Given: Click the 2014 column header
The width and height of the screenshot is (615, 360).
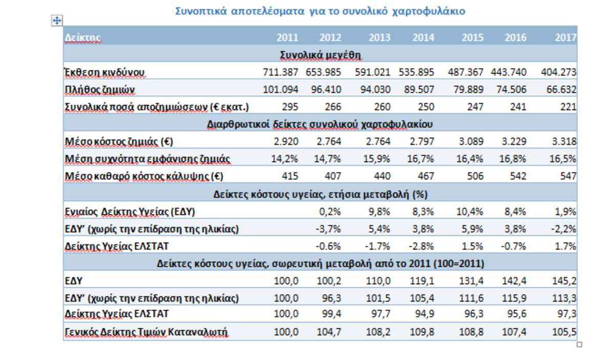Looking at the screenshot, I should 423,37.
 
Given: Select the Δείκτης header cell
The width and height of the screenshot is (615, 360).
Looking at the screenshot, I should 83,37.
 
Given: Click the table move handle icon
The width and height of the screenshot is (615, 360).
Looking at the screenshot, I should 57,20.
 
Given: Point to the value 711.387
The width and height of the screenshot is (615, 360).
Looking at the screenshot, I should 281,72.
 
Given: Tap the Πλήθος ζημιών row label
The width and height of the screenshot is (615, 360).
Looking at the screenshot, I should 100,90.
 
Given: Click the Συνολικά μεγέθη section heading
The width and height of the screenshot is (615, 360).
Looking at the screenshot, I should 321,54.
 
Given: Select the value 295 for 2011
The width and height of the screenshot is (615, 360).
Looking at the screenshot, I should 290,108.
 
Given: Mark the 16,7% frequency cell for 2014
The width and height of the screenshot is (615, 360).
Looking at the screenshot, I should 423,159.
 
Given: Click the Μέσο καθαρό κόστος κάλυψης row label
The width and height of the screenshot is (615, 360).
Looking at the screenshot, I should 145,177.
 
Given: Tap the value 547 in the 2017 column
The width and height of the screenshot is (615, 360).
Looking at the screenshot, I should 567,177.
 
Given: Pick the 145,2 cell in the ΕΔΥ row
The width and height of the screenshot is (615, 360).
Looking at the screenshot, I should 565,281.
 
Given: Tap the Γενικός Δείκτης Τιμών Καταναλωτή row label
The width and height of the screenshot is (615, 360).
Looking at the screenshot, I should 146,333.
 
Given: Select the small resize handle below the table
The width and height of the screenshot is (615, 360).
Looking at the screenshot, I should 580,345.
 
